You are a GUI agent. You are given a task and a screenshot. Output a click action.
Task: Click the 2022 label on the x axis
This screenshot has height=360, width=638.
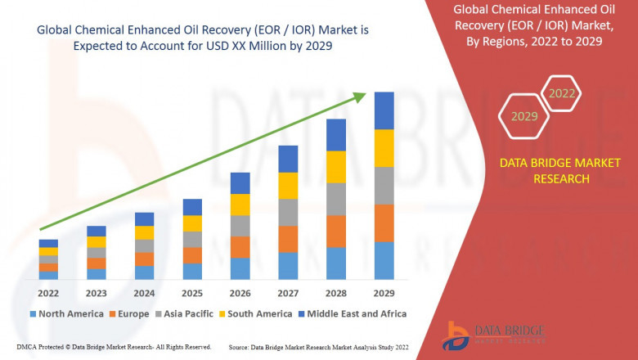point(48,292)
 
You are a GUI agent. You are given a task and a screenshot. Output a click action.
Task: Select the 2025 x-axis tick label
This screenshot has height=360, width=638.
point(191,292)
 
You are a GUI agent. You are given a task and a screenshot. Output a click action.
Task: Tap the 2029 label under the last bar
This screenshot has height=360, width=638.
point(384,292)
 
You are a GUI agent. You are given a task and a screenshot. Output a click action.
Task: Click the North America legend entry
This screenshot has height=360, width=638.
point(66,313)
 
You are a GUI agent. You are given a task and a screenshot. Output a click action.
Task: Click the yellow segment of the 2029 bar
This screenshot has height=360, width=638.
point(384,148)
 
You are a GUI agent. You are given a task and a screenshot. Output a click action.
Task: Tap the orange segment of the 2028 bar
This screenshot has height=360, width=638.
point(336,232)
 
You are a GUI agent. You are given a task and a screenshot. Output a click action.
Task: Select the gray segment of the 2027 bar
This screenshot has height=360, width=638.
point(288,213)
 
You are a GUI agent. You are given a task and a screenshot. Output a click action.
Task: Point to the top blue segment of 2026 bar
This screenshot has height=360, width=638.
point(240,183)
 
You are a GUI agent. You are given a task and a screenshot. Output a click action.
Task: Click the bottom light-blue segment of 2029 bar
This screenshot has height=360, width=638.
point(384,260)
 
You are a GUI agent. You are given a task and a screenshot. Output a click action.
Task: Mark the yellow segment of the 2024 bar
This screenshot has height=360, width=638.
point(144,232)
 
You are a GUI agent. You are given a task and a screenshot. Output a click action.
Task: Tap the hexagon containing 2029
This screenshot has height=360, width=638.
point(524,117)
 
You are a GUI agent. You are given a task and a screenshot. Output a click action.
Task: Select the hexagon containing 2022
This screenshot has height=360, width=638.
point(561,94)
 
